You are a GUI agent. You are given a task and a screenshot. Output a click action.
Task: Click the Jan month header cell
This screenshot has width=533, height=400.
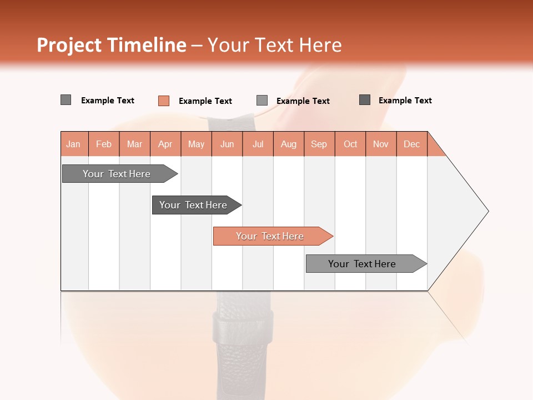[x=74, y=144]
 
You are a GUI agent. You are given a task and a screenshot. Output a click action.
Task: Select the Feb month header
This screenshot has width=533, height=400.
[x=104, y=144]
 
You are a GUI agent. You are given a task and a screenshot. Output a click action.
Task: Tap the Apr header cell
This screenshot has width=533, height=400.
[x=165, y=144]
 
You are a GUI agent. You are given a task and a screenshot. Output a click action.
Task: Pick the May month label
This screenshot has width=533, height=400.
[x=196, y=144]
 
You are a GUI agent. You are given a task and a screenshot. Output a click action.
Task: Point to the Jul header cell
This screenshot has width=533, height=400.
[x=258, y=144]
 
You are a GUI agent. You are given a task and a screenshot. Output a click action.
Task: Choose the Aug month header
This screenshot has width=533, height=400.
[x=289, y=144]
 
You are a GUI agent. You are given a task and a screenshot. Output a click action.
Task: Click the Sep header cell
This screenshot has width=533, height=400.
[x=319, y=144]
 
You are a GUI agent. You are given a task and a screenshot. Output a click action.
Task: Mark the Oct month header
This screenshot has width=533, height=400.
[x=350, y=144]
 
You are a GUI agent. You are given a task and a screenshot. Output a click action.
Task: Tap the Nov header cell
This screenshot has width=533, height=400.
[x=381, y=144]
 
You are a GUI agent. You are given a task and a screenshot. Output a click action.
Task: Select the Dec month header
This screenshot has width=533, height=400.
[x=412, y=144]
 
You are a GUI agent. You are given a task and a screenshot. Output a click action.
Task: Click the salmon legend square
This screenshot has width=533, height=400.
[x=164, y=101]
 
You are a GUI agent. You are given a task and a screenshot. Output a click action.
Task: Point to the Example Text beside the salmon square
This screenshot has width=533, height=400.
[x=205, y=101]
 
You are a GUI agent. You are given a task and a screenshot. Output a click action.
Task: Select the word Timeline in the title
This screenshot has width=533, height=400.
[x=147, y=45]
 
